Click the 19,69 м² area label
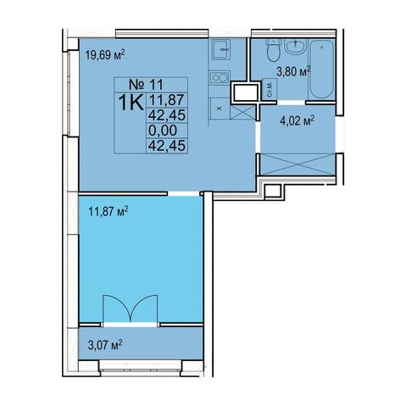[x=105, y=54]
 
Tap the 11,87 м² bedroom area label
[x=108, y=211]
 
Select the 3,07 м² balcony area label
[x=105, y=345]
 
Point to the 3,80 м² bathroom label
[x=293, y=71]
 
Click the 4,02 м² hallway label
[x=298, y=122]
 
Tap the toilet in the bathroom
[x=274, y=50]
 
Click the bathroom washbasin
[x=296, y=46]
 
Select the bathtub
[x=322, y=69]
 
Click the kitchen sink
[x=221, y=49]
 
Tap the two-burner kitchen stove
[x=220, y=77]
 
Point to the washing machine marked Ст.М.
[x=270, y=89]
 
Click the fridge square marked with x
[x=220, y=108]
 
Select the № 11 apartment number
[x=146, y=84]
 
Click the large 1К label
[x=131, y=103]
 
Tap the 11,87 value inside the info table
[x=167, y=100]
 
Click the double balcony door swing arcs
[x=131, y=309]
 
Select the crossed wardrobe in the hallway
[x=298, y=164]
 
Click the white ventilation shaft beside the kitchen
[x=245, y=92]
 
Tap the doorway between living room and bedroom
[x=184, y=193]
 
